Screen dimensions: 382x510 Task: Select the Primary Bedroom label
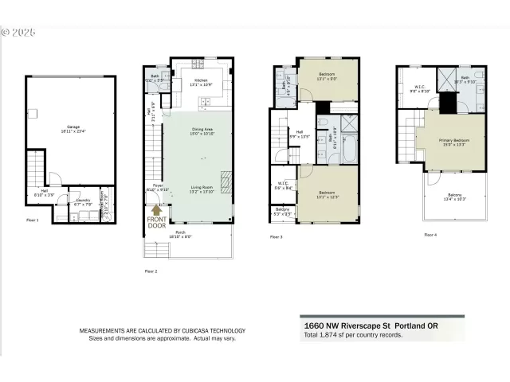click(454, 140)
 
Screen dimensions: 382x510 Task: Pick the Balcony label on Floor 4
click(454, 195)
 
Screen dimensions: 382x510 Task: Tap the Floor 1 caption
click(33, 220)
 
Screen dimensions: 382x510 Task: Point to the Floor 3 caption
click(276, 236)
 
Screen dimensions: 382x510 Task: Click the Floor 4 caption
click(430, 235)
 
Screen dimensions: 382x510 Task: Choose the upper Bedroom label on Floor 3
click(328, 76)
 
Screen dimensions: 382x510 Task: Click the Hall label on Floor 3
click(300, 132)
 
